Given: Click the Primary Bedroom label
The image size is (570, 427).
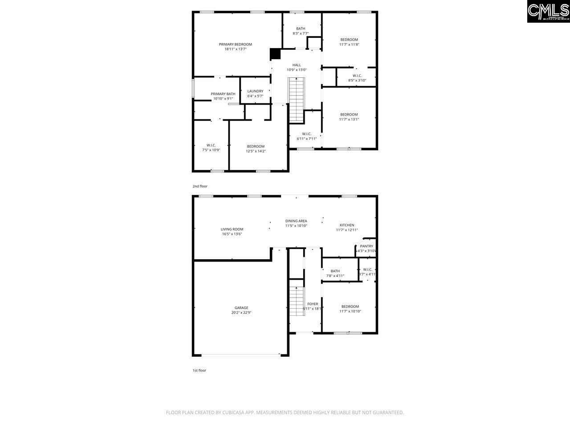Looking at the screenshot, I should click(235, 44).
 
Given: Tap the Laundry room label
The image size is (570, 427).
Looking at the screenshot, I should click(255, 91).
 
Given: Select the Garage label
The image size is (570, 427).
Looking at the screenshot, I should click(241, 308).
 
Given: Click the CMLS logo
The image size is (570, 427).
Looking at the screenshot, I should click(548, 12).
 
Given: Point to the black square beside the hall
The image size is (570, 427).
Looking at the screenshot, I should click(276, 54).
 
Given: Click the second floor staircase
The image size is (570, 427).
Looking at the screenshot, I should click(296, 100).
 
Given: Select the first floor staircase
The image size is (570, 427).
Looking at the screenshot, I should click(296, 301).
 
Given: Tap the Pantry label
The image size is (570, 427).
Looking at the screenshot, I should click(366, 246).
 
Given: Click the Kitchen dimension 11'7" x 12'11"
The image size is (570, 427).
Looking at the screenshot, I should click(347, 230).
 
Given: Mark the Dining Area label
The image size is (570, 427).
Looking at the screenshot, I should click(296, 221).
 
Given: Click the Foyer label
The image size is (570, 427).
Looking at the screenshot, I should click(313, 304).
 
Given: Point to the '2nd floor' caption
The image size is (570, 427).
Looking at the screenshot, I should click(200, 186).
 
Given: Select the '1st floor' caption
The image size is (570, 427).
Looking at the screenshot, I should click(199, 370).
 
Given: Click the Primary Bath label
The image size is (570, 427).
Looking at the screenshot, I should click(223, 94).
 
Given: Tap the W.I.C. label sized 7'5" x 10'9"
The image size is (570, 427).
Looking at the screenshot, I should click(211, 145).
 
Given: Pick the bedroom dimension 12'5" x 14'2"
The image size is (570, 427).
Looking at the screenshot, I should click(256, 151).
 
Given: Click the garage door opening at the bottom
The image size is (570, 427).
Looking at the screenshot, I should click(240, 355).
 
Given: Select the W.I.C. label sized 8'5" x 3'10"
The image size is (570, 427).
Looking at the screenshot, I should click(357, 76).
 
